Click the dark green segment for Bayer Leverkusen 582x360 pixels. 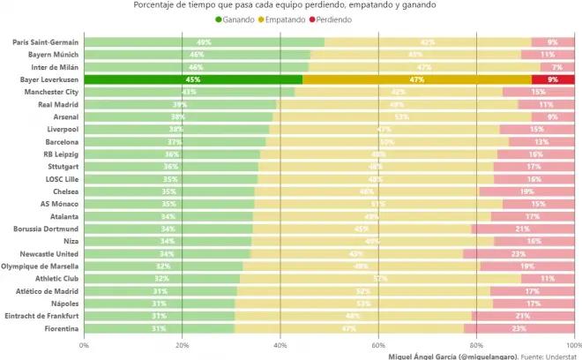click(193, 79)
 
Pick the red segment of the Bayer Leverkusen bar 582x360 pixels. click(553, 79)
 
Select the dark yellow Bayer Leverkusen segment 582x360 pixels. click(417, 79)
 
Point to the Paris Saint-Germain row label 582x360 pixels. click(45, 42)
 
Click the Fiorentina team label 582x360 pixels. click(58, 329)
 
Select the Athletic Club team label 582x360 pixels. click(56, 279)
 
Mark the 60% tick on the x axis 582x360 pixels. click(378, 345)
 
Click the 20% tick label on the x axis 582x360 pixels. click(182, 345)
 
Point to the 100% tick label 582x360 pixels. click(573, 345)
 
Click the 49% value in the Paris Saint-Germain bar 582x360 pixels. click(204, 42)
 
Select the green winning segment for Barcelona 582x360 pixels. click(175, 142)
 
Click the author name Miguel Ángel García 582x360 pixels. click(421, 356)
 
